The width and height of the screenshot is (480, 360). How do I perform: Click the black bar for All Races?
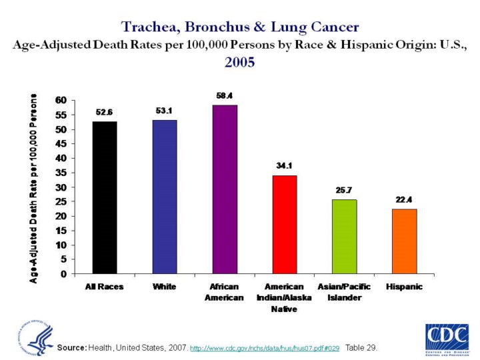(104, 197)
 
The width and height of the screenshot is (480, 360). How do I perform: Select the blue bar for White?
(165, 197)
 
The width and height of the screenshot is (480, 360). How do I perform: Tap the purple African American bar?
(225, 189)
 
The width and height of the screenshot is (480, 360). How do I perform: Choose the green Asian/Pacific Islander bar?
(344, 237)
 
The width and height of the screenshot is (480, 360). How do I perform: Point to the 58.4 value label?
(225, 96)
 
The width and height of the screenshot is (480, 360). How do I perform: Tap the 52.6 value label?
(105, 112)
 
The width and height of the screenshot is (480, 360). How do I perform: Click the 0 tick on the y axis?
(63, 274)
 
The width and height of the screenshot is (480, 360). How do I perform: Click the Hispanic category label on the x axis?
(404, 287)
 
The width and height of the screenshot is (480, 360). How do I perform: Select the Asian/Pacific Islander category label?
(344, 292)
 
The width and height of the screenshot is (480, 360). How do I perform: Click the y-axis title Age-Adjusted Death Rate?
(33, 188)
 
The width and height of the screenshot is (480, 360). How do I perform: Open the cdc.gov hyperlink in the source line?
(265, 349)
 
